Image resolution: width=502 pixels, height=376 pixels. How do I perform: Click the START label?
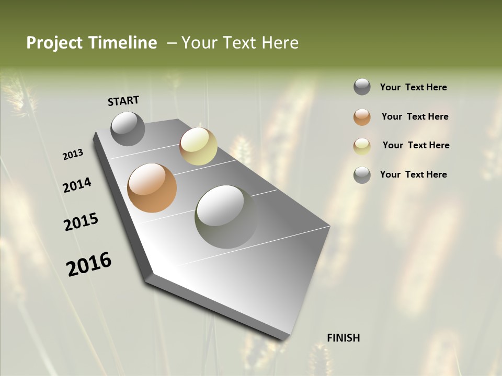tap(123, 101)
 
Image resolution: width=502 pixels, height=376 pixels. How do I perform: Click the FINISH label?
tap(344, 338)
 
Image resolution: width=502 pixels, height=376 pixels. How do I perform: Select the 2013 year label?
tap(73, 155)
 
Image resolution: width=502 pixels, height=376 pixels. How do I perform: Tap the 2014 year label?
tap(77, 185)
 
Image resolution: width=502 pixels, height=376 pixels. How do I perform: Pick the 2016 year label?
tap(89, 264)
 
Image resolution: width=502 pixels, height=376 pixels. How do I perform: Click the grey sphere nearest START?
tap(128, 129)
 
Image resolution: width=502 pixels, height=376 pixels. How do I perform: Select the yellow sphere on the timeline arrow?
tap(198, 146)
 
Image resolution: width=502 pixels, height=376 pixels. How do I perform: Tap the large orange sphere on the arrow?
tap(152, 188)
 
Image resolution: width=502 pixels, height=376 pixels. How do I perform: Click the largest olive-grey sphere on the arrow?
tap(226, 217)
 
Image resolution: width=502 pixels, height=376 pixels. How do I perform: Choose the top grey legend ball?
tap(362, 87)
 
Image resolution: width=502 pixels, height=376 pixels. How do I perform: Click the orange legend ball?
tap(362, 116)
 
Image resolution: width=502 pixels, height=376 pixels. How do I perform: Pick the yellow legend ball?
tap(362, 146)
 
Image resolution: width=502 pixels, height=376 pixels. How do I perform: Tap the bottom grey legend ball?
tap(362, 174)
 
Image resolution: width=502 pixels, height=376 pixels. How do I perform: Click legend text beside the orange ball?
tap(415, 116)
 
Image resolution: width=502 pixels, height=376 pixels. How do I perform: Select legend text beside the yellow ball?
tap(416, 145)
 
